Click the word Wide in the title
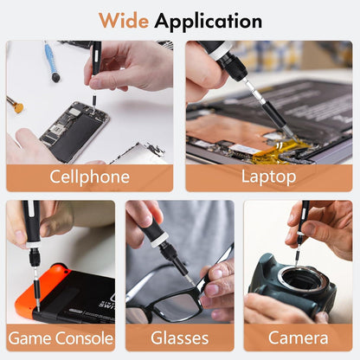click(x=124, y=21)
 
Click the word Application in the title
click(x=209, y=22)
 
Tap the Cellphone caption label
click(x=89, y=177)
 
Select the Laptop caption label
click(x=268, y=177)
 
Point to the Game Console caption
click(x=61, y=338)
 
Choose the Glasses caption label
click(x=179, y=338)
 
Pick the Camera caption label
click(x=298, y=338)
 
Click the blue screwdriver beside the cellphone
click(x=51, y=61)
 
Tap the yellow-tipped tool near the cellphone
click(x=16, y=106)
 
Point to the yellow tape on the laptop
click(x=277, y=151)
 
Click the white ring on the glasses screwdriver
click(x=159, y=240)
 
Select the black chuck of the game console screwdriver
click(x=35, y=258)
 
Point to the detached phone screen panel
click(x=138, y=154)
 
